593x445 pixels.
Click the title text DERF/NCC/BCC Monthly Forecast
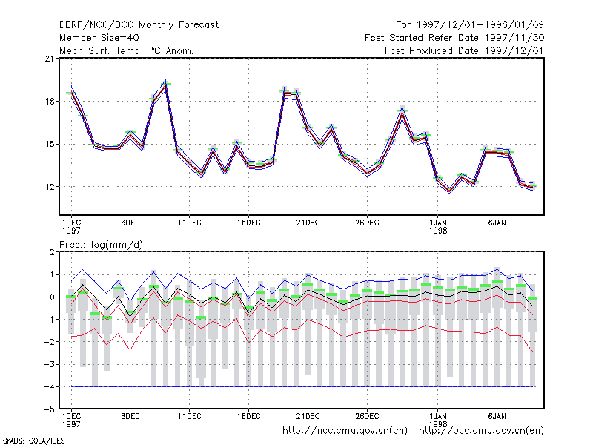tap(139, 25)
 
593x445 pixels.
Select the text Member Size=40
tap(99, 38)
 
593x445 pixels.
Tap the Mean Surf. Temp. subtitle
tap(126, 50)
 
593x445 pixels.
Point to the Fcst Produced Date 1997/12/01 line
tap(464, 50)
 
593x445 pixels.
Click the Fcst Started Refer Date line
tap(454, 38)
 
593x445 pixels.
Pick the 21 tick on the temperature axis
tap(50, 59)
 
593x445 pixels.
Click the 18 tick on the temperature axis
tap(50, 102)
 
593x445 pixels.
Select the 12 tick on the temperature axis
tap(50, 187)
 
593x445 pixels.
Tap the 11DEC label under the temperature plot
tap(190, 223)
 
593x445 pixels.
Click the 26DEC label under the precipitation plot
tap(367, 416)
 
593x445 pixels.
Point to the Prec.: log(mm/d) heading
tap(101, 245)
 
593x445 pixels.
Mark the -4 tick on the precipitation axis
tap(50, 387)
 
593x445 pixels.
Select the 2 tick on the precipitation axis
tap(52, 252)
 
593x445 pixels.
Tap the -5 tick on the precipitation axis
tap(50, 409)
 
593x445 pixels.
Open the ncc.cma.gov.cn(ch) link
tap(345, 431)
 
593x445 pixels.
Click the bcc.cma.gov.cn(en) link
tap(481, 431)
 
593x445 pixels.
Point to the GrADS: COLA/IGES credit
tap(33, 441)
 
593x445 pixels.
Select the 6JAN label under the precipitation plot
tap(497, 416)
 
